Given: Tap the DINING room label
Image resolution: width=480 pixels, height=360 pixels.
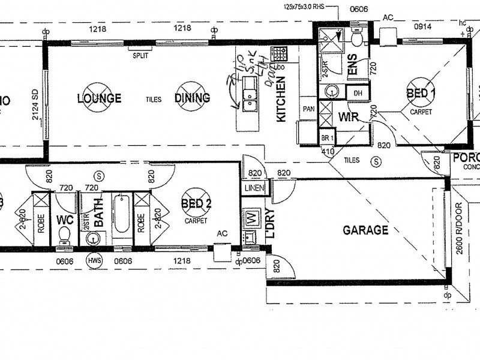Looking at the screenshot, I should tap(193, 98).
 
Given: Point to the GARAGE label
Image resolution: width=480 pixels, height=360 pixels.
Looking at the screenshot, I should tap(365, 230).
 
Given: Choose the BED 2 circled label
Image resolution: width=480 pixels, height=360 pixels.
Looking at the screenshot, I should tap(196, 204).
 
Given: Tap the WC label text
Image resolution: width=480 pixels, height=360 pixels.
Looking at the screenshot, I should tap(64, 220).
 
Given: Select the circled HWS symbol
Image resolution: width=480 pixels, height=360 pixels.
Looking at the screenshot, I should tap(94, 261).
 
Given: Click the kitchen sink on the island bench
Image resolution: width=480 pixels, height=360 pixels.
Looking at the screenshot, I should tap(249, 100).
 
